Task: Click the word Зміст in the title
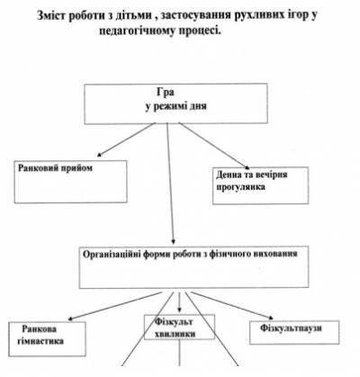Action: coord(50,15)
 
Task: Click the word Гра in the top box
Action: coord(166,92)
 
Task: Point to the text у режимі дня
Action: coord(176,106)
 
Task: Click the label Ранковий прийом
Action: coord(55,168)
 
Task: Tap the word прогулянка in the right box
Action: coord(240,187)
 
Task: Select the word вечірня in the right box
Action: coord(271,175)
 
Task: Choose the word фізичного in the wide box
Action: coord(228,254)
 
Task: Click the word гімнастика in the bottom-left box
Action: coord(40,341)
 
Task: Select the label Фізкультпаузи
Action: coord(291,328)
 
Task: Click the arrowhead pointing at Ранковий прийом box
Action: coord(99,155)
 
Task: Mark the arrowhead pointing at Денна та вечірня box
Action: coord(247,167)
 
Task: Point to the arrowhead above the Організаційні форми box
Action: coord(174,241)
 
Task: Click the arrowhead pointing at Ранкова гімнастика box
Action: coord(71,319)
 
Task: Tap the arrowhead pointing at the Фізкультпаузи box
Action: coord(271,318)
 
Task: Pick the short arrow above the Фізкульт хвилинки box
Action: coord(179,302)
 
